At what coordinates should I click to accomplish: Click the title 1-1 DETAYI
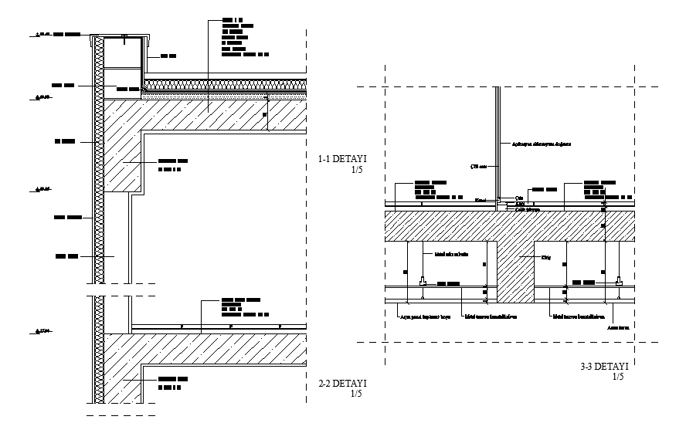(342, 159)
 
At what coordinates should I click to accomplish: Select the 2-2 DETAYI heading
(342, 384)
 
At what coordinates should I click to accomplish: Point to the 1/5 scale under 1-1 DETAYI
(356, 170)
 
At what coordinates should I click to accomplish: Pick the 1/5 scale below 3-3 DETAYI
(617, 377)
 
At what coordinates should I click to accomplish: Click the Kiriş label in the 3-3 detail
(545, 257)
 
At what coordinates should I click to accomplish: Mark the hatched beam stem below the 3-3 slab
(513, 270)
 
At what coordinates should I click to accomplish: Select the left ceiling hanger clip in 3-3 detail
(423, 283)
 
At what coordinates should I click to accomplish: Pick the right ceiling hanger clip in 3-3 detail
(620, 283)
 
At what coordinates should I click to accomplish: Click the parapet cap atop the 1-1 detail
(120, 36)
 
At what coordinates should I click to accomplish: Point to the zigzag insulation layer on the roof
(224, 83)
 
